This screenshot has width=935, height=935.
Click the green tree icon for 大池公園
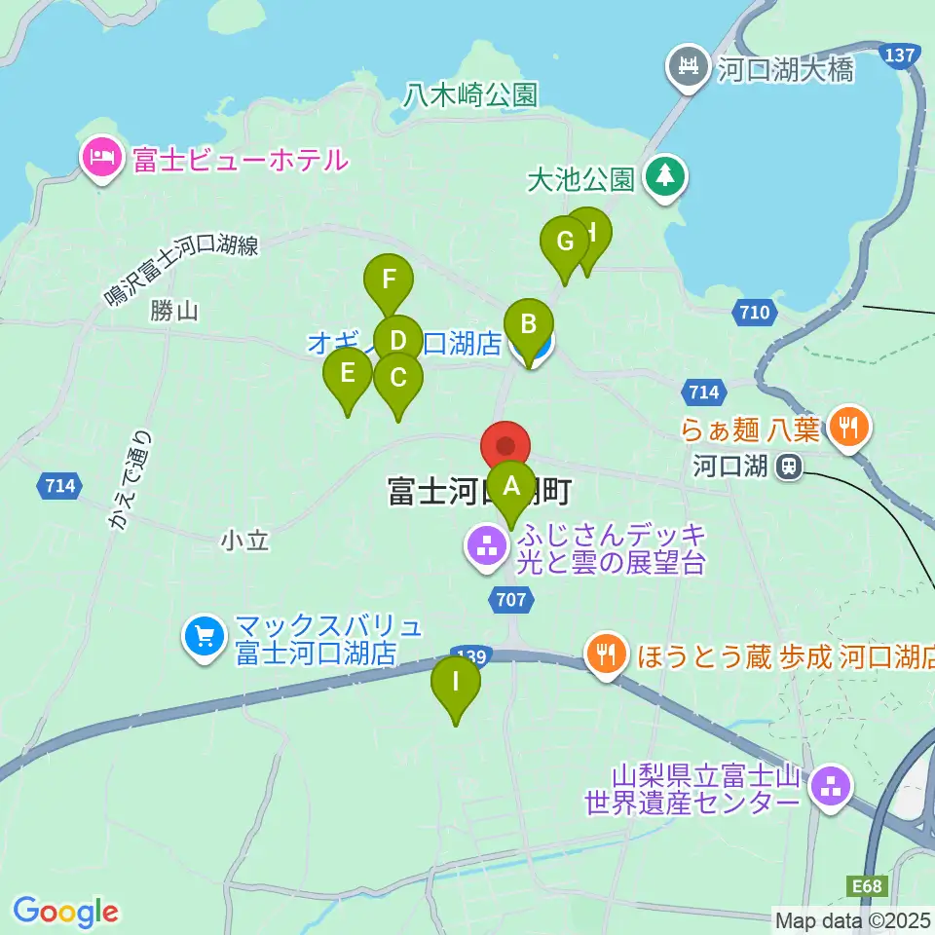[x=666, y=176]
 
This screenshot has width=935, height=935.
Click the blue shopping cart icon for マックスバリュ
[x=204, y=638]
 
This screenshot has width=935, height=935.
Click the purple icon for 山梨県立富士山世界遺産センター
[x=831, y=788]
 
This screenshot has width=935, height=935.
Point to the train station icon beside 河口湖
[x=788, y=468]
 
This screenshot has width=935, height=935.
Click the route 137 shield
[x=899, y=56]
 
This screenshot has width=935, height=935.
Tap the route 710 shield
[x=754, y=313]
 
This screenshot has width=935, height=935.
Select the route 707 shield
[x=512, y=600]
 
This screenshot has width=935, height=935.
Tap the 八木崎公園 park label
[x=471, y=94]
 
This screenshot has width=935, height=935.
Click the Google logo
[x=65, y=912]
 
